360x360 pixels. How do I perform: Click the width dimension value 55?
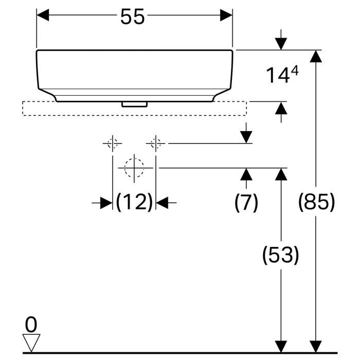click(x=133, y=17)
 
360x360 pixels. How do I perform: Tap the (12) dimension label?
click(x=134, y=203)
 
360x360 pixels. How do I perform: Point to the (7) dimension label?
click(x=246, y=203)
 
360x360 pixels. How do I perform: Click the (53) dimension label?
click(x=280, y=255)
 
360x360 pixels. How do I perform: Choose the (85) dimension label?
click(x=316, y=203)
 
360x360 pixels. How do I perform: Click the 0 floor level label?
click(x=31, y=324)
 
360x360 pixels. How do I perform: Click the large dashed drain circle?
click(x=134, y=168)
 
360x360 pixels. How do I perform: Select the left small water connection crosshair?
click(x=112, y=143)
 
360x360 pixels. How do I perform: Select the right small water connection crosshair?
click(x=156, y=143)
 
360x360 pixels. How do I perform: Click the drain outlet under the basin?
click(x=134, y=104)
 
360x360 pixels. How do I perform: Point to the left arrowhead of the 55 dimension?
click(x=42, y=15)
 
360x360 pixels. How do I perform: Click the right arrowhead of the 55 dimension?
click(x=226, y=15)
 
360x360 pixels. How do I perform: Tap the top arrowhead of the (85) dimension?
click(x=316, y=56)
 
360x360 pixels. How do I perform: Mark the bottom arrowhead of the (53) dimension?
click(x=280, y=347)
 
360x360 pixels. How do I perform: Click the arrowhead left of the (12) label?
click(x=106, y=203)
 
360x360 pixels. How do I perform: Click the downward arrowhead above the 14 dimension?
click(x=281, y=44)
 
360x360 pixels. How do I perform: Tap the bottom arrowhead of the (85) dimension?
click(x=316, y=347)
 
